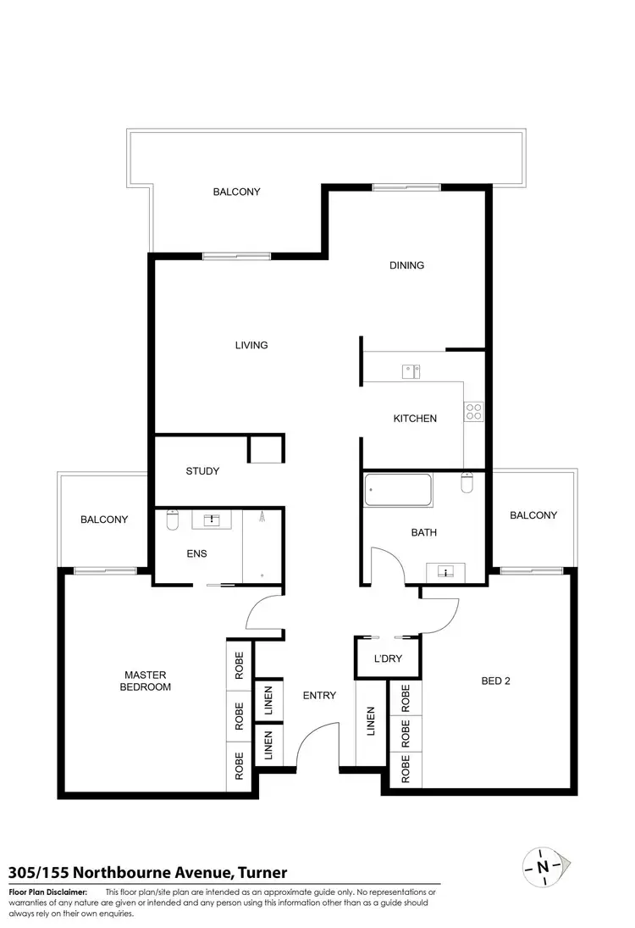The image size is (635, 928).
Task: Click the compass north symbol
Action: coord(543,866)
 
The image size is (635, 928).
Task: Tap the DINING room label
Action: coord(406,265)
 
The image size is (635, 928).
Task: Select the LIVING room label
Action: coord(251,345)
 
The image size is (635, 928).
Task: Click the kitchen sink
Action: coord(411,370)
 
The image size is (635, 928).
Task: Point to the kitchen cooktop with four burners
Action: coord(473,412)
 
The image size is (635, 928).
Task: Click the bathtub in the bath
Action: coord(398,489)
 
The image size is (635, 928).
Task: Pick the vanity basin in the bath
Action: coord(446,572)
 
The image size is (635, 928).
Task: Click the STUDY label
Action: coord(202,471)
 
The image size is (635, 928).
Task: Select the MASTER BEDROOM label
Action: coord(147,681)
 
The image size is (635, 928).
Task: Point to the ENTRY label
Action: coord(319,696)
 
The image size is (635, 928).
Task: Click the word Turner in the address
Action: coord(262,872)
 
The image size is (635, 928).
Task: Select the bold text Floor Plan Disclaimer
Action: coord(47,892)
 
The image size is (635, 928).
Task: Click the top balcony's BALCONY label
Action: coord(236,192)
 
